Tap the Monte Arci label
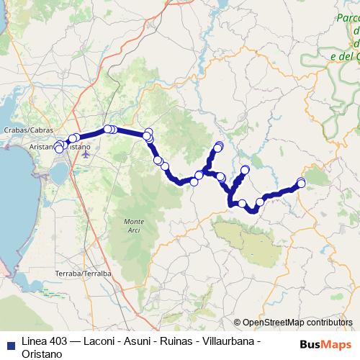point(134,224)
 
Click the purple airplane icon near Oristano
point(87,153)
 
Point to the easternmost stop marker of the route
point(301,182)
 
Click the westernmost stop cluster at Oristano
point(59,148)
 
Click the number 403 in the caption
point(59,341)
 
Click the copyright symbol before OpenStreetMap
point(237,323)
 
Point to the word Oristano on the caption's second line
point(42,353)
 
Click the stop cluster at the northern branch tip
point(218,147)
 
